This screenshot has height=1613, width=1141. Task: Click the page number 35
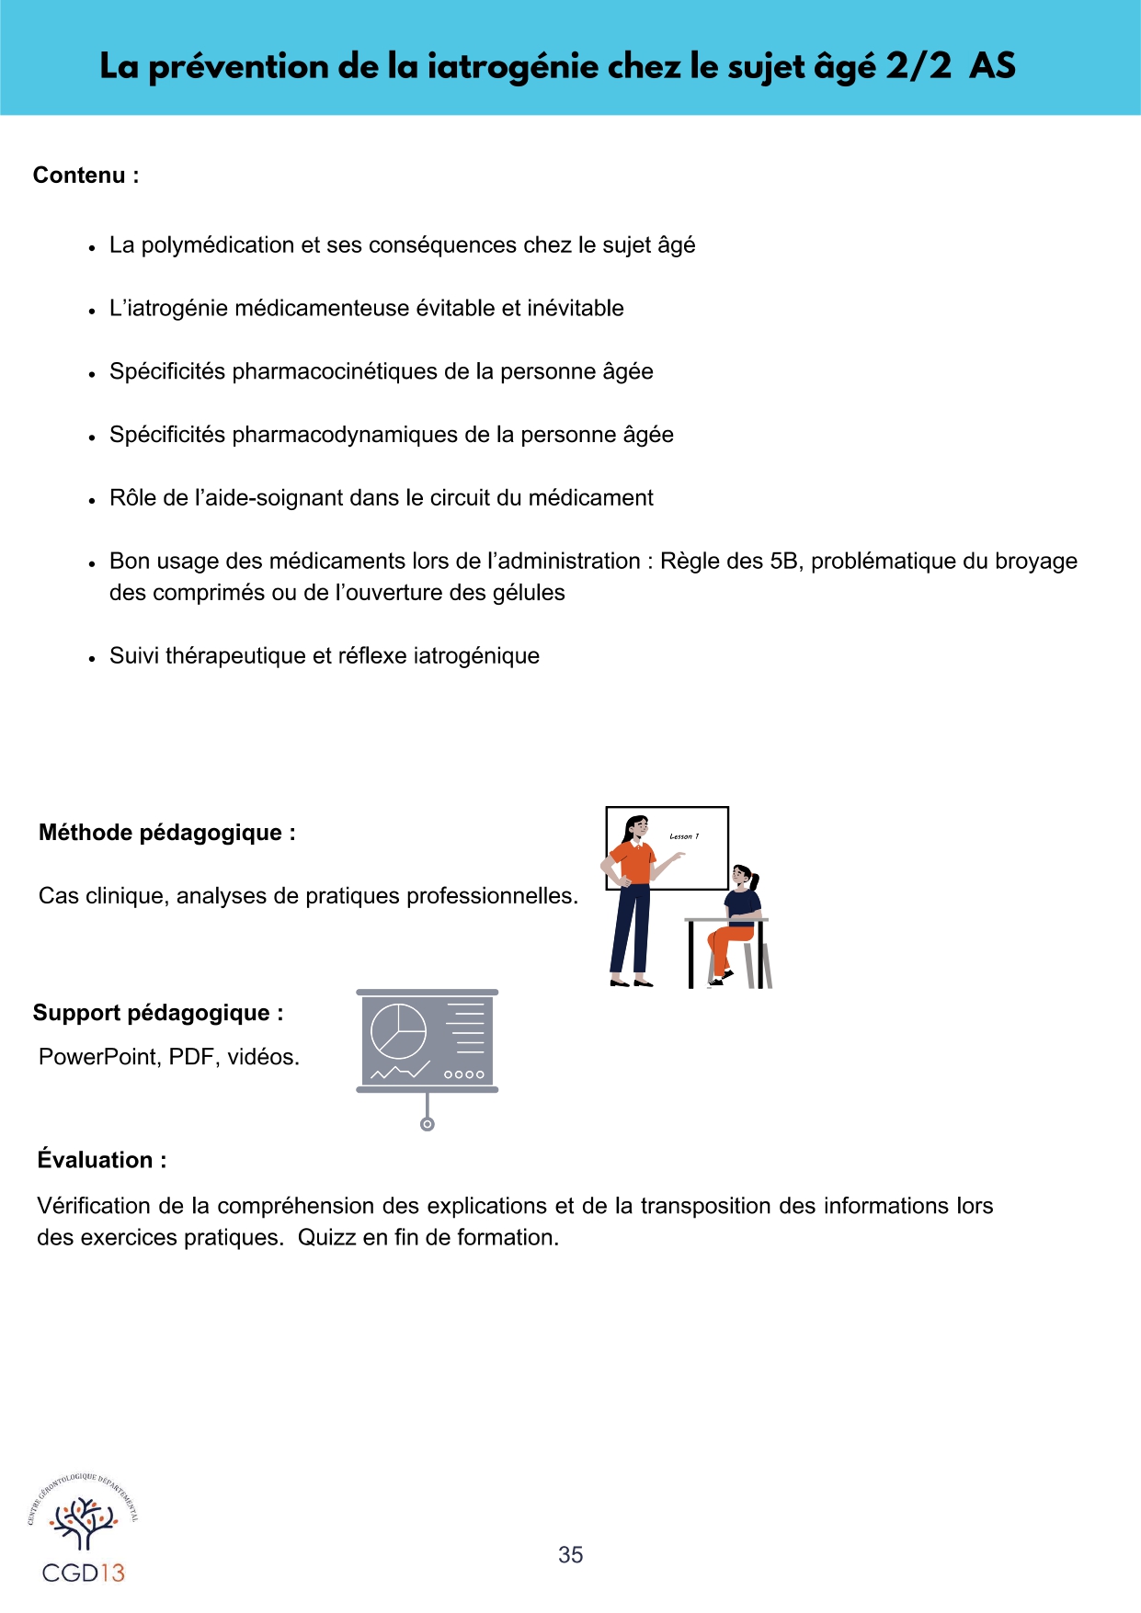pyautogui.click(x=570, y=1554)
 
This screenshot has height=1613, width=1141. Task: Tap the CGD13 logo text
pyautogui.click(x=83, y=1573)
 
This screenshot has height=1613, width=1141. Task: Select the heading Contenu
pyautogui.click(x=86, y=176)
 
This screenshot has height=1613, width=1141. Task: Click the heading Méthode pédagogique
pyautogui.click(x=166, y=833)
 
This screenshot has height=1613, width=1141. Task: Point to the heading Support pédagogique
pyautogui.click(x=157, y=1013)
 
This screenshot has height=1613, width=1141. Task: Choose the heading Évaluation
pyautogui.click(x=101, y=1160)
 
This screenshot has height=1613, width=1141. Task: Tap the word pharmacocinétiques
pyautogui.click(x=335, y=371)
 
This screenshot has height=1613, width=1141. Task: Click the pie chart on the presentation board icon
pyautogui.click(x=398, y=1031)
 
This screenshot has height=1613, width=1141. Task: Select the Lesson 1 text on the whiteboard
pyautogui.click(x=684, y=836)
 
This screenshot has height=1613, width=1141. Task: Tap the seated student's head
pyautogui.click(x=743, y=876)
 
